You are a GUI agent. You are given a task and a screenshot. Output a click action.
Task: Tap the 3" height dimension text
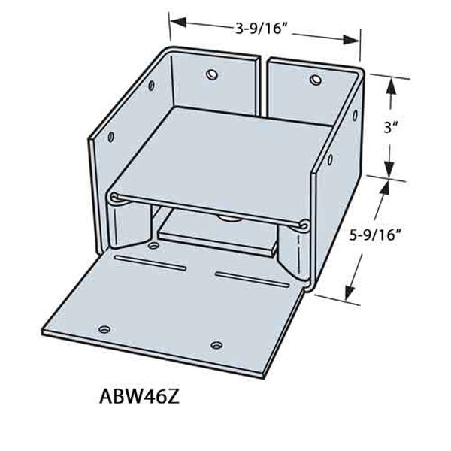(x=389, y=128)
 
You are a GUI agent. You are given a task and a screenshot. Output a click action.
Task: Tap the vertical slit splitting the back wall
(x=267, y=83)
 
